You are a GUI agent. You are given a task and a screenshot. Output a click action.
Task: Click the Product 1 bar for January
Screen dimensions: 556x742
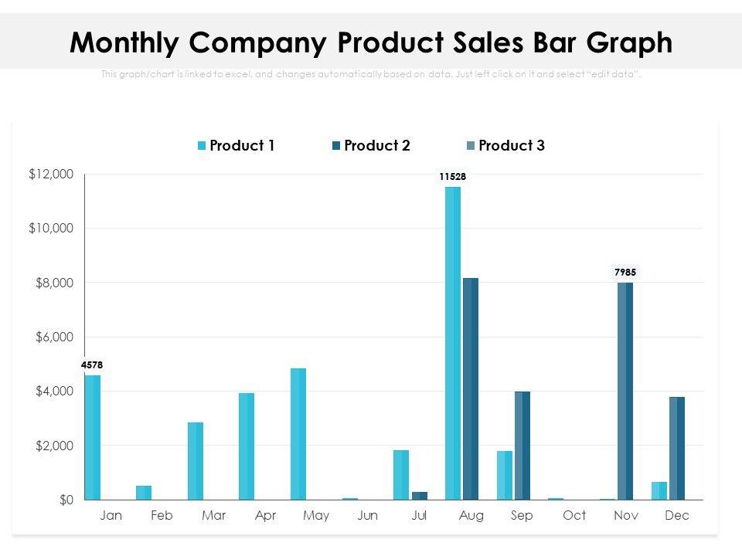click(x=93, y=437)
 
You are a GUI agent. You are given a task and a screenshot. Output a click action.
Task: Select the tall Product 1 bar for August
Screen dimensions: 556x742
click(x=452, y=344)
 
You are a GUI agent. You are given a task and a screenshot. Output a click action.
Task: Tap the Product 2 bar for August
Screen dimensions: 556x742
click(x=471, y=388)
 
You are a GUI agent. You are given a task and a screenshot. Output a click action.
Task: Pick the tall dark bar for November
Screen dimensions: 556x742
click(x=625, y=391)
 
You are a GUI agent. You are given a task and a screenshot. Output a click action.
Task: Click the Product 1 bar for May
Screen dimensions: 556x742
click(x=298, y=434)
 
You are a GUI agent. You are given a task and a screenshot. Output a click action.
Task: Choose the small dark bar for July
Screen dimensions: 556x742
click(x=420, y=496)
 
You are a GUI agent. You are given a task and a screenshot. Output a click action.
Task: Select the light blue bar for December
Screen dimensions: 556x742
click(x=659, y=490)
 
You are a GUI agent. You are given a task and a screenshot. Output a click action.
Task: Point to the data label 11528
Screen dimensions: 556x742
click(x=452, y=177)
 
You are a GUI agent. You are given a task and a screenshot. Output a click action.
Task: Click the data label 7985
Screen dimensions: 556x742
click(x=625, y=273)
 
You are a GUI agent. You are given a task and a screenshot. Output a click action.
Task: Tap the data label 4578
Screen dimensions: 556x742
click(x=92, y=364)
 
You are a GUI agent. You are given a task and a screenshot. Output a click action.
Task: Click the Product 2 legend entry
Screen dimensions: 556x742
click(x=371, y=145)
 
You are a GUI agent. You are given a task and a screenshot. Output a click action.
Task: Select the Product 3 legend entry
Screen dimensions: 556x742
click(x=505, y=145)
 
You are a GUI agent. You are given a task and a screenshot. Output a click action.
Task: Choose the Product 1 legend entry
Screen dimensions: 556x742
click(x=237, y=145)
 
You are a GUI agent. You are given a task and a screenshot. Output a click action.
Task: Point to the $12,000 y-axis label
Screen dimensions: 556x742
click(x=51, y=175)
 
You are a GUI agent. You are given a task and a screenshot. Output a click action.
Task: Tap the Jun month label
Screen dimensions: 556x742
click(x=368, y=516)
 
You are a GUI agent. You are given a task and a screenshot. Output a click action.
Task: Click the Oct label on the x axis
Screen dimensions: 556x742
click(x=574, y=516)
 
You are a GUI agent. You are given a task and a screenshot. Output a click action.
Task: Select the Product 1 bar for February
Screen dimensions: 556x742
click(x=144, y=493)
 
